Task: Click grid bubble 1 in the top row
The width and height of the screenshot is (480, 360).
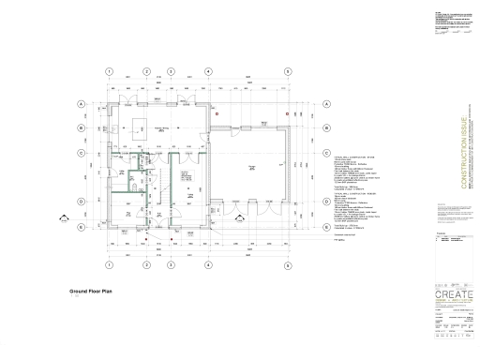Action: (110, 71)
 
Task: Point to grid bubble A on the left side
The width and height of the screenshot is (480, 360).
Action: (81, 104)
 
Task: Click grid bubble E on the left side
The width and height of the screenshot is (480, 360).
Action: (81, 226)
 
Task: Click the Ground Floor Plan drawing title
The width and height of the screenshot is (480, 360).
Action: (91, 292)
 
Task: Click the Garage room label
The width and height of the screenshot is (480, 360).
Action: (251, 166)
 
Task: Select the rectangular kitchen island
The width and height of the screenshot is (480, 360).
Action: (142, 132)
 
